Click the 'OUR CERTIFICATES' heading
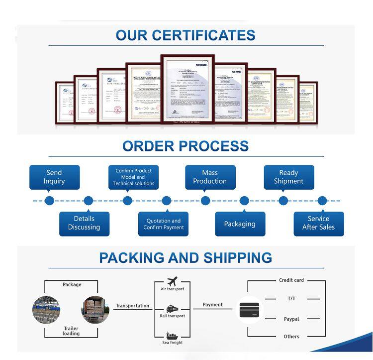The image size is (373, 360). tap(186, 35)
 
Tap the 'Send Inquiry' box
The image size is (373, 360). tap(54, 177)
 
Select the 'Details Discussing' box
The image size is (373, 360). tap(84, 223)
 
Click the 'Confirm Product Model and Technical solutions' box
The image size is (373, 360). tap(133, 177)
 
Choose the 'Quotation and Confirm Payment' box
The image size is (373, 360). tap(164, 224)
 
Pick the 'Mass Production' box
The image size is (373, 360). tap(210, 177)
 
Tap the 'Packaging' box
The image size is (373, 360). tap(240, 224)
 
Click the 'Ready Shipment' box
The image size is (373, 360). tap(288, 177)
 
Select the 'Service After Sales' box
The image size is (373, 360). tap(318, 223)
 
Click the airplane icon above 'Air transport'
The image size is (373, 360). tap(173, 281)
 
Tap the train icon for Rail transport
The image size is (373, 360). tap(173, 309)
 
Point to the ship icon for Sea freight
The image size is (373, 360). tap(173, 335)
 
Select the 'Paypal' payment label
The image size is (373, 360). tap(291, 319)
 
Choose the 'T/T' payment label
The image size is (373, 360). tap(291, 299)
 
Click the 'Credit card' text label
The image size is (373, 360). tap(291, 280)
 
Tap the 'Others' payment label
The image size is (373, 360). tap(291, 337)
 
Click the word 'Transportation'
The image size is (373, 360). tap(132, 306)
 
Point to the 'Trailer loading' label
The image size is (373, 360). tap(71, 331)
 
